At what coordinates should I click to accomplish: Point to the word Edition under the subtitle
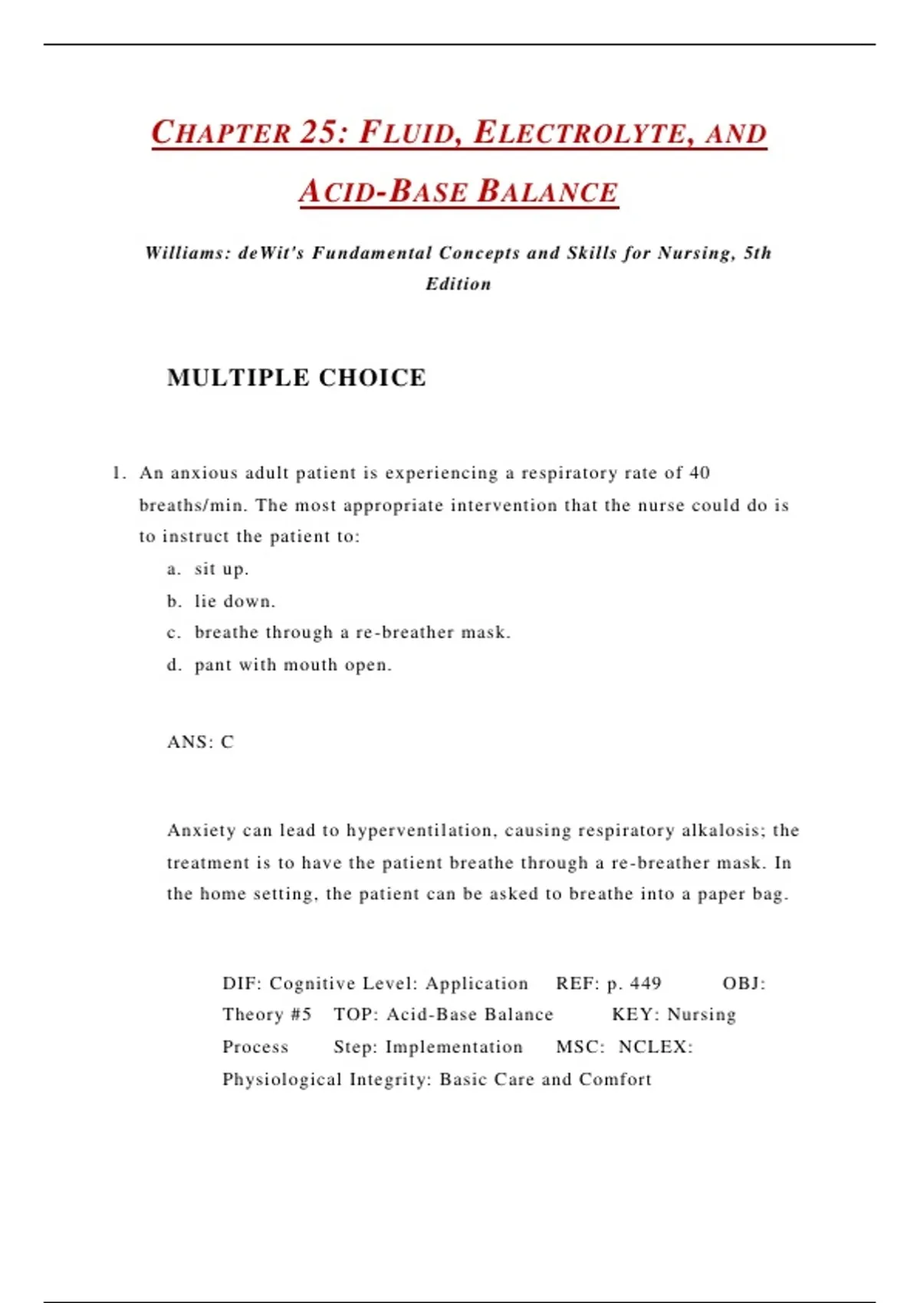[x=458, y=284]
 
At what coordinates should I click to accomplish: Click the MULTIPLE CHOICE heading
[x=296, y=377]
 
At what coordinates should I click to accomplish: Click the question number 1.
[x=117, y=473]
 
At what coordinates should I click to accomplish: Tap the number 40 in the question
[x=699, y=473]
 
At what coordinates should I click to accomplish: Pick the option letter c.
[x=173, y=633]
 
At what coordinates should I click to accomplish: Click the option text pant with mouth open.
[x=293, y=665]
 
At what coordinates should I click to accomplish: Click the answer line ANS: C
[x=200, y=742]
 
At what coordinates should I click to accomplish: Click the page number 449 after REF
[x=646, y=983]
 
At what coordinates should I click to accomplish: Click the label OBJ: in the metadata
[x=744, y=983]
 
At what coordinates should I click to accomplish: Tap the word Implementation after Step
[x=454, y=1047]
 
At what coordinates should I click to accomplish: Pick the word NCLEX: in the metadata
[x=655, y=1047]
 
